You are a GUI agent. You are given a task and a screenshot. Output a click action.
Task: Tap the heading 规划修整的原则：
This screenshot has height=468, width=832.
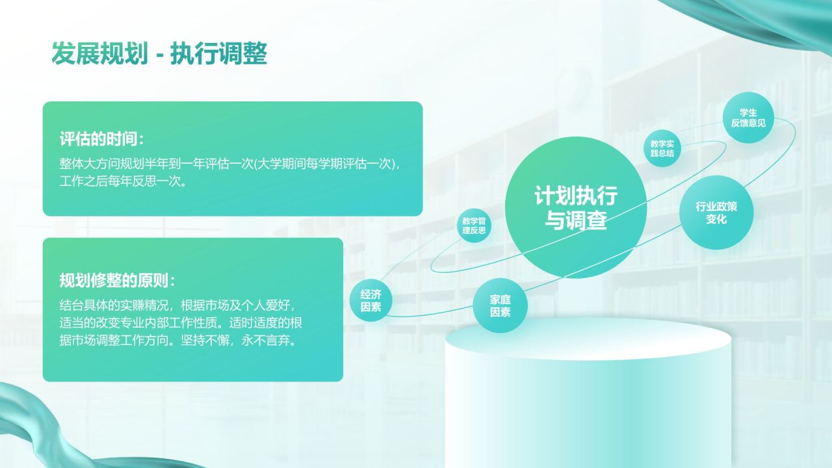click(118, 281)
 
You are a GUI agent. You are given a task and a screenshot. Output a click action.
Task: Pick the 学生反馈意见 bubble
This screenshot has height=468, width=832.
click(748, 118)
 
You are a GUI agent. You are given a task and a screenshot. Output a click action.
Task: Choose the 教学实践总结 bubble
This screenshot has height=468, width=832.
click(662, 149)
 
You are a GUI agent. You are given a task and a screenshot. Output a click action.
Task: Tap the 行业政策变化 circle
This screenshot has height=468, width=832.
click(716, 213)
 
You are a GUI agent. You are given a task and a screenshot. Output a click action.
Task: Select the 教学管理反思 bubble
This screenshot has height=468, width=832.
click(474, 226)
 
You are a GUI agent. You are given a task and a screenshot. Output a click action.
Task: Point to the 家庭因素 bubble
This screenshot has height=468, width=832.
click(500, 306)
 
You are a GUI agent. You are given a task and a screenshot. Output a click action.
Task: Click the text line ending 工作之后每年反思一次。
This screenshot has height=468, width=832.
click(123, 181)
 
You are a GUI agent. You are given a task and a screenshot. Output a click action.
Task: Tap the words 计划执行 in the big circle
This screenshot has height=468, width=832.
click(576, 196)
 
